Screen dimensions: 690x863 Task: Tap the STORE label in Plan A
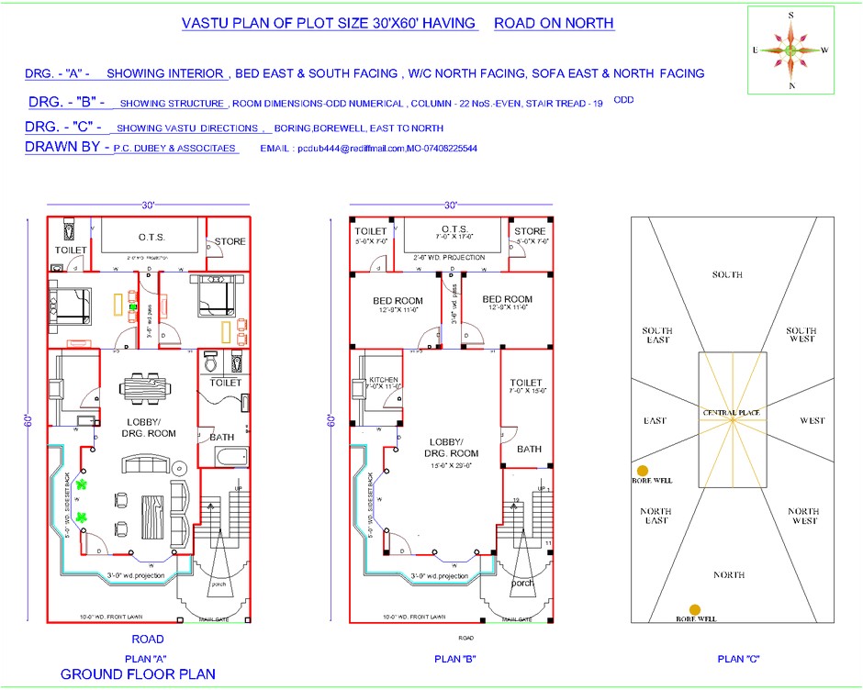(230, 242)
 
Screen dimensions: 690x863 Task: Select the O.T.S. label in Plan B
(454, 229)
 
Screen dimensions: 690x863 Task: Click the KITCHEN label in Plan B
(383, 380)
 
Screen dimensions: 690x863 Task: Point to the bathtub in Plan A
(227, 456)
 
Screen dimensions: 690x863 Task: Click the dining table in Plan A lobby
(147, 388)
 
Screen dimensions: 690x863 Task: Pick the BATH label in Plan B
(528, 449)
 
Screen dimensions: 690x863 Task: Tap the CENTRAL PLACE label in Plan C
(731, 414)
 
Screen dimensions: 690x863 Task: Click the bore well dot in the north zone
(695, 609)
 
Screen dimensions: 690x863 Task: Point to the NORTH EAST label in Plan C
(656, 517)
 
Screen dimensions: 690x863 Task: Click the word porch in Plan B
(522, 583)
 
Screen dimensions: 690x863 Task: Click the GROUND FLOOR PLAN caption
(138, 674)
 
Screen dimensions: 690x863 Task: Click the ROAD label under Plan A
(148, 639)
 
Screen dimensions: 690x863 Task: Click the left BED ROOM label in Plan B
(398, 300)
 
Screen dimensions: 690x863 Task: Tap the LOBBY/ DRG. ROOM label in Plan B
(451, 447)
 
